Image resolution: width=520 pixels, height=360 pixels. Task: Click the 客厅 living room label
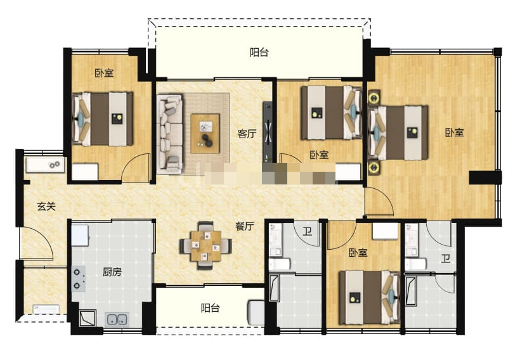247,134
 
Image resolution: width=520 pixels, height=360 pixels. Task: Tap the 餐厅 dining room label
245,226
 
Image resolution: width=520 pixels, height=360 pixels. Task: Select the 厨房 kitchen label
112,272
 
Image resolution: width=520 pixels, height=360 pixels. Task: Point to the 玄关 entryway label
46,207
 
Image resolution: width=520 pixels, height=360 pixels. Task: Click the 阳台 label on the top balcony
259,53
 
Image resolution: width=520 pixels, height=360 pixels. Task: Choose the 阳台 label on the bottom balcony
211,308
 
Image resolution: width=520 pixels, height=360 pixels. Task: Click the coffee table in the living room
205,133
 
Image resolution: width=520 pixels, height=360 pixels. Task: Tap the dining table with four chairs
205,246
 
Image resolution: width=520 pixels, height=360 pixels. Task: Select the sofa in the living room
169,134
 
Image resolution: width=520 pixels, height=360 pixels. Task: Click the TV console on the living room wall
268,132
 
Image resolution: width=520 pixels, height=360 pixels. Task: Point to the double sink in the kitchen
117,319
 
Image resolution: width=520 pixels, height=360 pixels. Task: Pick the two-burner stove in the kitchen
79,279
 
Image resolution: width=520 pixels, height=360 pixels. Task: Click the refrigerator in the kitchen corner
81,235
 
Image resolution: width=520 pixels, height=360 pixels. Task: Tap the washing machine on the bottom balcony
256,313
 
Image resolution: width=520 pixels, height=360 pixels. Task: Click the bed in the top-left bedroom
103,119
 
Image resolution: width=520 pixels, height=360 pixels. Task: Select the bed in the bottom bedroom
369,297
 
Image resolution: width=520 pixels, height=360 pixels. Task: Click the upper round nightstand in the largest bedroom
374,98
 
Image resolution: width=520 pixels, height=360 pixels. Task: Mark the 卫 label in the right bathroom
445,259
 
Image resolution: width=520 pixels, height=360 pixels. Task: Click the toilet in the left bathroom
280,264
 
